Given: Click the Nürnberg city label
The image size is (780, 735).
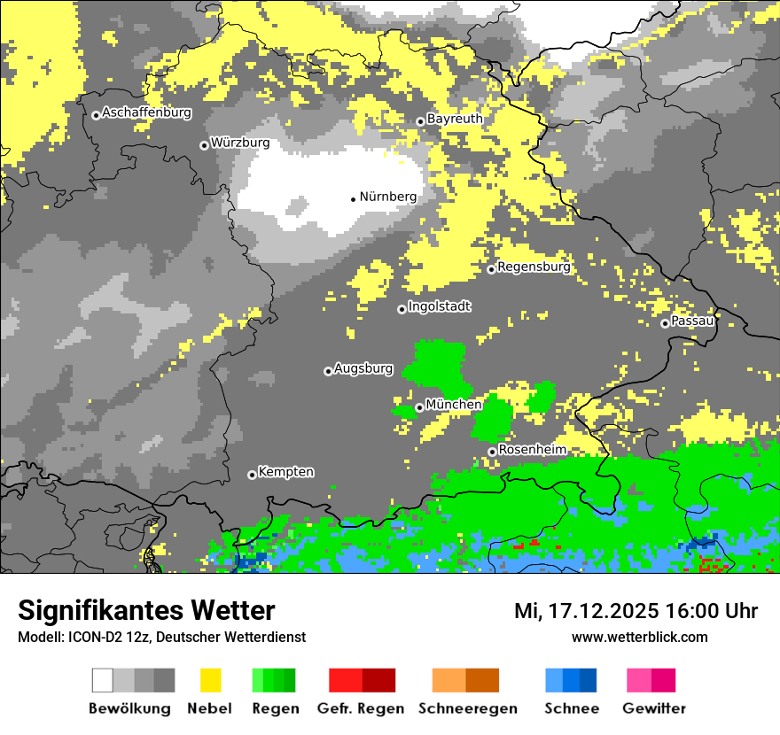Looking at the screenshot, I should pyautogui.click(x=387, y=197).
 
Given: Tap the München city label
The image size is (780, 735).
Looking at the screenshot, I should pyautogui.click(x=454, y=405).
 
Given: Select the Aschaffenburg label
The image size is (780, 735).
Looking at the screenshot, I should pyautogui.click(x=146, y=112).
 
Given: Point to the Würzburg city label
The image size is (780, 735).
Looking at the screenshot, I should pyautogui.click(x=240, y=143).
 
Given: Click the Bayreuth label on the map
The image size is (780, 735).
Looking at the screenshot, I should pyautogui.click(x=455, y=119).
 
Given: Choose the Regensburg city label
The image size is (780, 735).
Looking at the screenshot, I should pyautogui.click(x=534, y=267).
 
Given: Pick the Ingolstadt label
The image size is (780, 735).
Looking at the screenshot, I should pyautogui.click(x=440, y=306).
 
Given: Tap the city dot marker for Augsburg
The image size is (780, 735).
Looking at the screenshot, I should pyautogui.click(x=328, y=371).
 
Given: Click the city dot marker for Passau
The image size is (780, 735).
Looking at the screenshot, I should pyautogui.click(x=665, y=323).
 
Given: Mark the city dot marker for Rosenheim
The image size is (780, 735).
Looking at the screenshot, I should pyautogui.click(x=492, y=452).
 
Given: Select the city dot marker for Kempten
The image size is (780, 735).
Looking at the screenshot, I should pyautogui.click(x=252, y=475).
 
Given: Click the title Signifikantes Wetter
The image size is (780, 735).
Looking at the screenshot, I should pyautogui.click(x=146, y=610).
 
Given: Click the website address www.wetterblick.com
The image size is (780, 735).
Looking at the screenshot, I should pyautogui.click(x=639, y=637).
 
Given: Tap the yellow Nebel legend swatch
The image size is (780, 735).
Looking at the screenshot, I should pyautogui.click(x=210, y=680).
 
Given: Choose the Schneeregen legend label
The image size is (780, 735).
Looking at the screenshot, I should pyautogui.click(x=467, y=708).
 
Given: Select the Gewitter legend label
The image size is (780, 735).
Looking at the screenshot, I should pyautogui.click(x=654, y=708).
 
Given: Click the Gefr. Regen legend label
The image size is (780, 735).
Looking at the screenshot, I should pyautogui.click(x=361, y=708).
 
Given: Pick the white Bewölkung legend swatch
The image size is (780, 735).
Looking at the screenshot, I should pyautogui.click(x=103, y=680).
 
